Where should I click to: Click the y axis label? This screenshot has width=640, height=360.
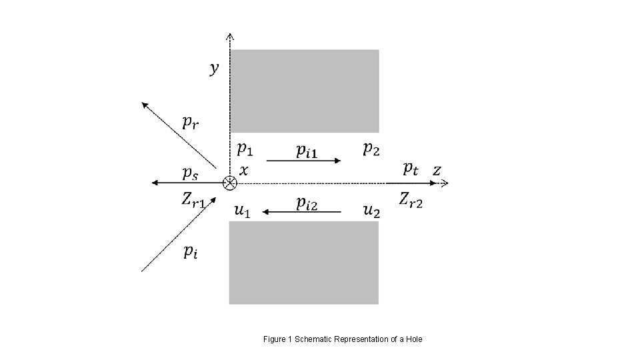point(214,69)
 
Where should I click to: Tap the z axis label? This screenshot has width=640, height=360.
point(436,171)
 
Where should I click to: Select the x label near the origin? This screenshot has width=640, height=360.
point(243,171)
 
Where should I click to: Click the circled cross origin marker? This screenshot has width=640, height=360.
point(229,182)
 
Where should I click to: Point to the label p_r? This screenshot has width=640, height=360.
point(191,123)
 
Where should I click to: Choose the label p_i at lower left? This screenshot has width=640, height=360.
point(190,251)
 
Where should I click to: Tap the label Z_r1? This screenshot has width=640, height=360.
point(193,199)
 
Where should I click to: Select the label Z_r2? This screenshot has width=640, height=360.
point(411,199)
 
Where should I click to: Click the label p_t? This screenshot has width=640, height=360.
point(411,169)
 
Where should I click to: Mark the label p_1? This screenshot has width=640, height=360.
point(245,148)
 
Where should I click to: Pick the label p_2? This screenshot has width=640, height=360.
point(371,148)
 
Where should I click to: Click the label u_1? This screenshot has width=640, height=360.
point(243,211)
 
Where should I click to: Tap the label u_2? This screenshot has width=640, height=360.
point(371,211)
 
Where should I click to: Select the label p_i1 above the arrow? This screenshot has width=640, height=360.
point(307,151)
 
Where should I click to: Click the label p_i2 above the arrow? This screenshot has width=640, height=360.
point(307,203)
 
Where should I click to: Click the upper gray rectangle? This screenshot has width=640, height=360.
point(304,91)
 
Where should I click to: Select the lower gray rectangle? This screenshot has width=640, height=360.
point(304,263)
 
